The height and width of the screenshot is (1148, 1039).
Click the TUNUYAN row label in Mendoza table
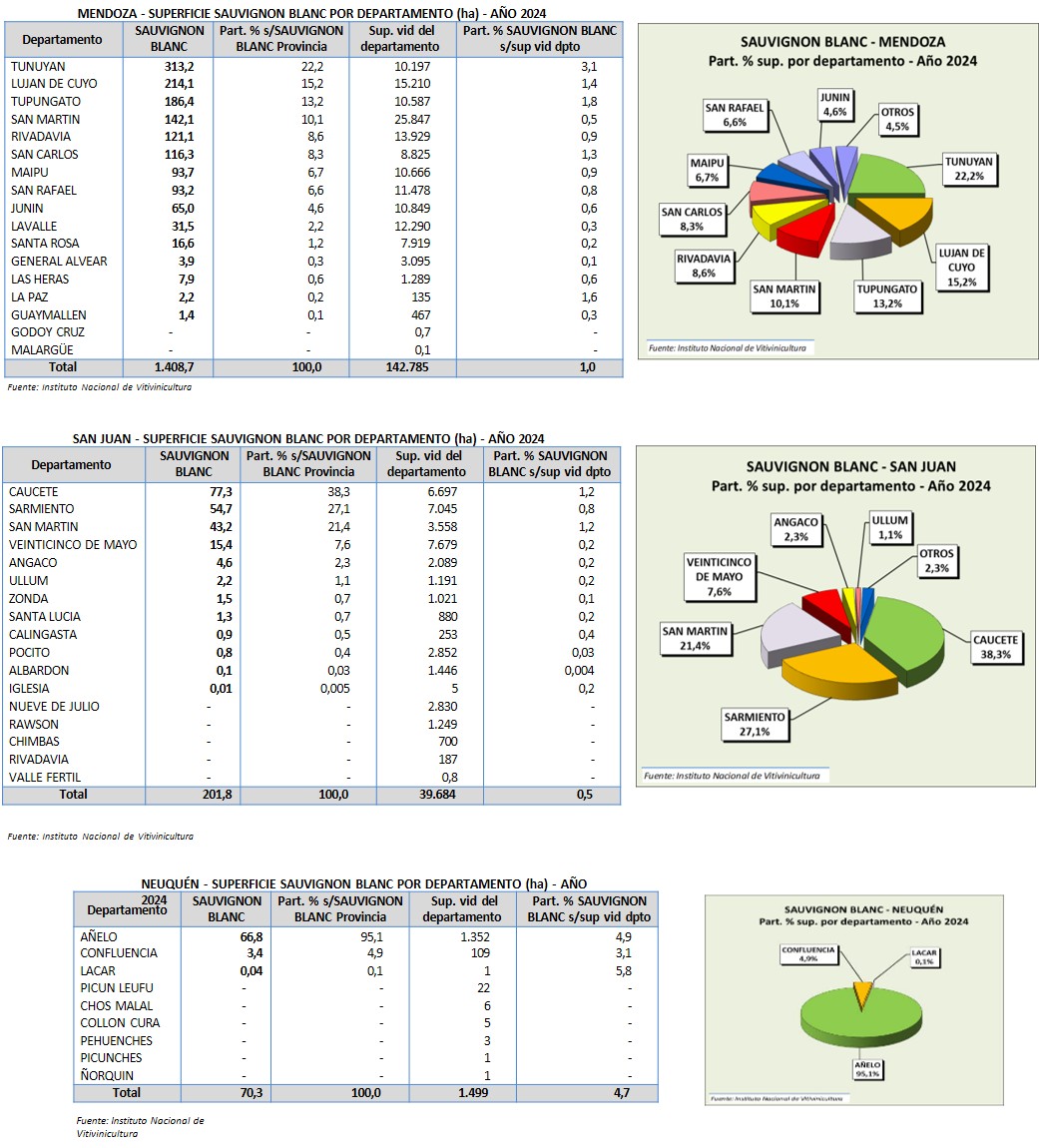[38, 66]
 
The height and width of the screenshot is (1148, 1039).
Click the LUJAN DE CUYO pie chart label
[962, 268]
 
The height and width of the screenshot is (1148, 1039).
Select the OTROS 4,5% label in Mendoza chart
[897, 119]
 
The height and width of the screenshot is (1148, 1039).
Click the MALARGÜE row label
[42, 350]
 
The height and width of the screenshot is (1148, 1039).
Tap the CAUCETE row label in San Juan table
[33, 492]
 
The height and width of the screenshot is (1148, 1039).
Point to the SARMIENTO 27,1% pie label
[755, 724]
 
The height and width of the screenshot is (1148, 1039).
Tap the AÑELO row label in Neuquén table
[99, 936]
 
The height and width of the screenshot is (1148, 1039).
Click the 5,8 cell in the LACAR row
[623, 971]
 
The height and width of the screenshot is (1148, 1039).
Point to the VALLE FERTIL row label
[45, 778]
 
